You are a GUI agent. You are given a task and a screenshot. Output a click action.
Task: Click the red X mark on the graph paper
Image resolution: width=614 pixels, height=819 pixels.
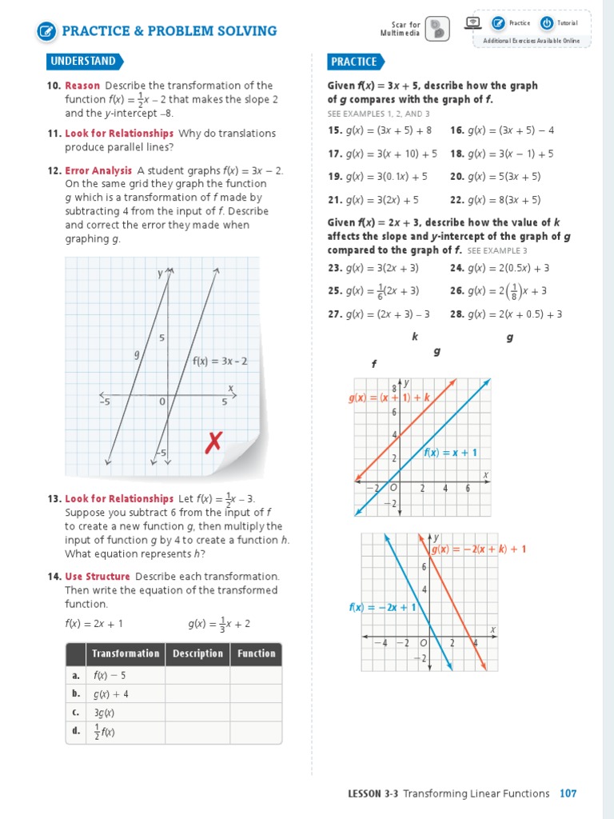[x=213, y=441]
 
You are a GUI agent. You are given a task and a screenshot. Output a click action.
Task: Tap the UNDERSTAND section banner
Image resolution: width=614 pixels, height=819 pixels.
[x=83, y=62]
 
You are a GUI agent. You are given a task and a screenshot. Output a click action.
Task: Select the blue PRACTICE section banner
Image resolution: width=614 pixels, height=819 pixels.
[x=354, y=62]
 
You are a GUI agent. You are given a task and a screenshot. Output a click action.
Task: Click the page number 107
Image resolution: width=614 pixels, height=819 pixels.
[x=568, y=793]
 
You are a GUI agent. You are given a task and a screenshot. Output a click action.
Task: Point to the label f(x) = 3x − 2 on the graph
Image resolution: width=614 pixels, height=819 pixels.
[x=220, y=361]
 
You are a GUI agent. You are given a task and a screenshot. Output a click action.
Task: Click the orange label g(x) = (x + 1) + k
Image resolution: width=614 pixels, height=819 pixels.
[x=389, y=398]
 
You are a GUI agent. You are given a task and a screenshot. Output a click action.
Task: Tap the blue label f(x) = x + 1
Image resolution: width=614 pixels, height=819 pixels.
[x=450, y=453]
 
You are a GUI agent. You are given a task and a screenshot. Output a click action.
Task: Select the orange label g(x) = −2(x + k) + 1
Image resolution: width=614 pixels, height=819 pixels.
[x=478, y=549]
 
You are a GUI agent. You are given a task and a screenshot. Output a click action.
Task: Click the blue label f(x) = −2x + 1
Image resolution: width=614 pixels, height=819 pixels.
[x=382, y=607]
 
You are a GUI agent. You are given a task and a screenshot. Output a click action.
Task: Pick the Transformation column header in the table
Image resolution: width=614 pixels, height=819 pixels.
[x=126, y=653]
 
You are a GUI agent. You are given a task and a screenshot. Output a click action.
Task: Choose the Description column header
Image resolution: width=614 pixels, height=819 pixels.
[x=197, y=653]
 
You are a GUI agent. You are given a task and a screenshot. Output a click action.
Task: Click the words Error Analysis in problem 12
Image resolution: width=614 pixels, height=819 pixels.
[x=98, y=170]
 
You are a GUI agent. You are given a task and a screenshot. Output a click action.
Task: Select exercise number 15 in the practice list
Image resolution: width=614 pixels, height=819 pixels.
[x=334, y=130]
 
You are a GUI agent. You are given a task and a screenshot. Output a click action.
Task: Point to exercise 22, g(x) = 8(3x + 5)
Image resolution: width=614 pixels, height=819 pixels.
[x=496, y=200]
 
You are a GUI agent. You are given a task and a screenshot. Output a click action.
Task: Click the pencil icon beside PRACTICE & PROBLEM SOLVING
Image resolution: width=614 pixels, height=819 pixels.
[x=47, y=31]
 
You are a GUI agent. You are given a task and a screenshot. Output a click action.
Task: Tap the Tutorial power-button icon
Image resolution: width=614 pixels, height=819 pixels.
[x=547, y=23]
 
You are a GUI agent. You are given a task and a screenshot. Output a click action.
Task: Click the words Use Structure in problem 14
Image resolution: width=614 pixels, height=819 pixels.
[x=97, y=576]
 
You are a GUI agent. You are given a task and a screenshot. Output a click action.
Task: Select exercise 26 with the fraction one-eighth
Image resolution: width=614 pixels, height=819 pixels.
[x=498, y=291]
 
